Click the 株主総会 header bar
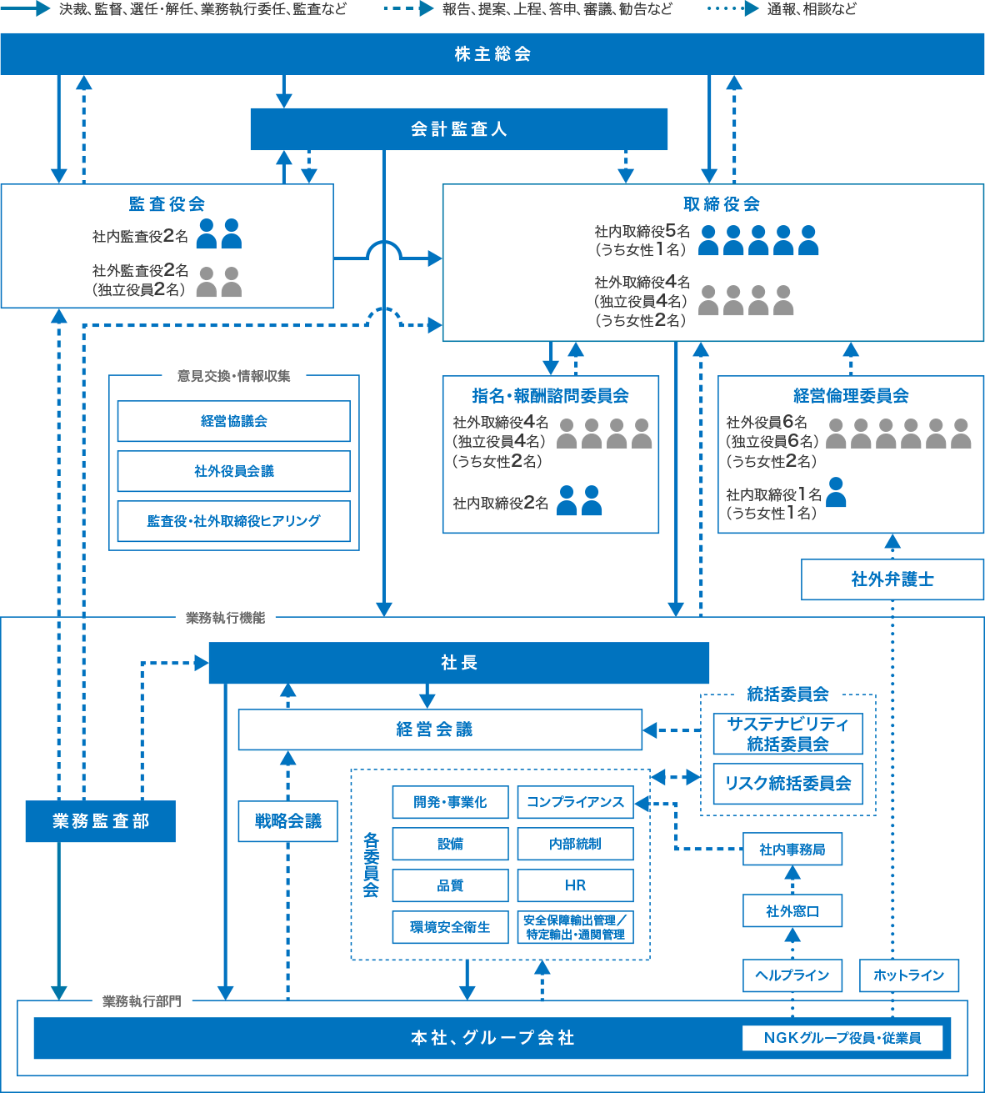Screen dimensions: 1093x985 pyautogui.click(x=492, y=54)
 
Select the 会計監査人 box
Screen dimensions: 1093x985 pyautogui.click(x=458, y=129)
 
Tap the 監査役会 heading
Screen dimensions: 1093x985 pyautogui.click(x=167, y=204)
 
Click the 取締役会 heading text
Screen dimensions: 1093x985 pyautogui.click(x=721, y=204)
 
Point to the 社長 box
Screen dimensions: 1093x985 pyautogui.click(x=458, y=663)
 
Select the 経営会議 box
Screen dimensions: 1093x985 pyautogui.click(x=440, y=730)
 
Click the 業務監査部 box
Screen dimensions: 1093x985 pyautogui.click(x=100, y=821)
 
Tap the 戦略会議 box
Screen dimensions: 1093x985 pyautogui.click(x=287, y=821)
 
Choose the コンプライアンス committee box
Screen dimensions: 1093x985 pyautogui.click(x=575, y=802)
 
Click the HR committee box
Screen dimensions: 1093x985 pyautogui.click(x=575, y=885)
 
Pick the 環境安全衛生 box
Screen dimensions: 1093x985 pyautogui.click(x=450, y=927)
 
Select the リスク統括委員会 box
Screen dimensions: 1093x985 pyautogui.click(x=787, y=784)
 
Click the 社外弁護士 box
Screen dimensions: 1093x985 pyautogui.click(x=892, y=579)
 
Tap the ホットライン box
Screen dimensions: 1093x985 pyautogui.click(x=908, y=975)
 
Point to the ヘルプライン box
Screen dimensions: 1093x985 pyautogui.click(x=792, y=975)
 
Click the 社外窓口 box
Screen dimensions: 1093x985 pyautogui.click(x=792, y=911)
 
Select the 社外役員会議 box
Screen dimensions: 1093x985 pyautogui.click(x=233, y=471)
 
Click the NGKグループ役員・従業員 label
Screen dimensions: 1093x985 pyautogui.click(x=842, y=1038)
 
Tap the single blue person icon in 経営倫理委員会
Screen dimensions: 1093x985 pyautogui.click(x=836, y=493)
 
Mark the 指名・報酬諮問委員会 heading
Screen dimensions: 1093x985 pyautogui.click(x=550, y=396)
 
